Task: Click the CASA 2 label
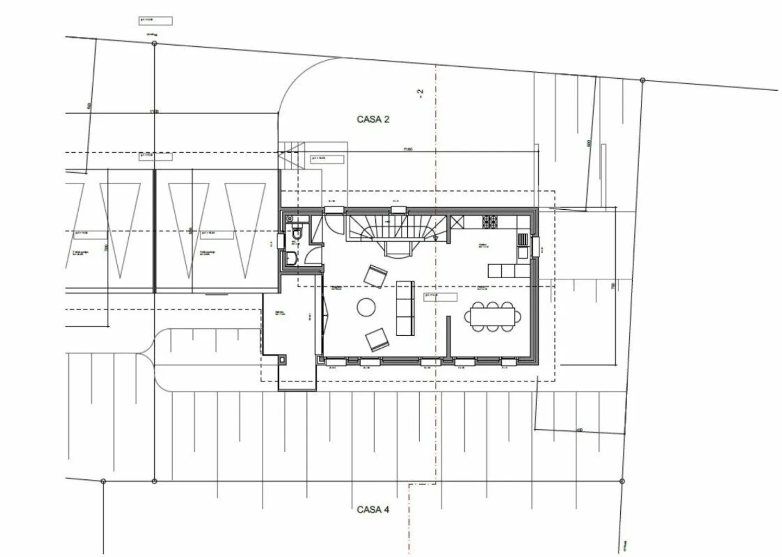pyautogui.click(x=373, y=120)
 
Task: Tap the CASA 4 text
pyautogui.click(x=373, y=510)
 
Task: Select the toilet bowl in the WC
pyautogui.click(x=296, y=234)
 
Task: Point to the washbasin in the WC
pyautogui.click(x=292, y=258)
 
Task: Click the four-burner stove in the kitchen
pyautogui.click(x=490, y=221)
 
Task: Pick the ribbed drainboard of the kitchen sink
pyautogui.click(x=522, y=240)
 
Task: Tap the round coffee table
pyautogui.click(x=366, y=307)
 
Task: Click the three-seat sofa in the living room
pyautogui.click(x=405, y=308)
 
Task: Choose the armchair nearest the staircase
pyautogui.click(x=375, y=276)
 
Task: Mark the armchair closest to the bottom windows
pyautogui.click(x=378, y=340)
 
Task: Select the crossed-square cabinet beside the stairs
pyautogui.click(x=457, y=222)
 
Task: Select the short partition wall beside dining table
pyautogui.click(x=449, y=337)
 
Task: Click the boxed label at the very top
pyautogui.click(x=155, y=21)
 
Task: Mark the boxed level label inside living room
pyautogui.click(x=439, y=296)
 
